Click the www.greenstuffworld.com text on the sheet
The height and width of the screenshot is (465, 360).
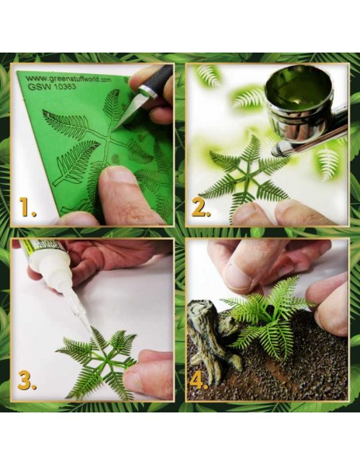68,80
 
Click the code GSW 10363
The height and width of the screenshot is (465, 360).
52,87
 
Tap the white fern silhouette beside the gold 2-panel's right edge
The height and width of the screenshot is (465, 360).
327,163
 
